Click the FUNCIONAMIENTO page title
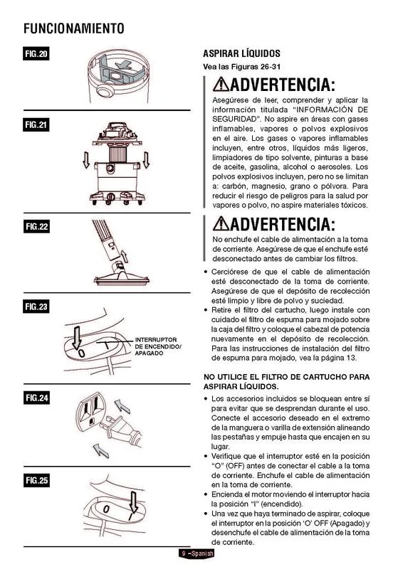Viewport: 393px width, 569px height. [74, 28]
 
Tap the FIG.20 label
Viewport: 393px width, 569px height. [36, 54]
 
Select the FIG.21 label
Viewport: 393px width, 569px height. [36, 125]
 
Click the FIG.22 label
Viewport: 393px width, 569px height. [36, 227]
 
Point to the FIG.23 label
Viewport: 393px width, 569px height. [36, 307]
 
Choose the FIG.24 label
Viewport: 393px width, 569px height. [36, 398]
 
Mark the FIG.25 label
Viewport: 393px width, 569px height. [36, 481]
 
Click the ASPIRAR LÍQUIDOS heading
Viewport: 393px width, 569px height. [241, 54]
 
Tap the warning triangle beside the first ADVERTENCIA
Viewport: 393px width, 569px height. [221, 84]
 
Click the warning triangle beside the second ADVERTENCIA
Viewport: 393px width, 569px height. [221, 223]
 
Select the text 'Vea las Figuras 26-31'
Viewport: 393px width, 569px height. [241, 67]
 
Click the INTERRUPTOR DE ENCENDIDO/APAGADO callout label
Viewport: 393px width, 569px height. [158, 346]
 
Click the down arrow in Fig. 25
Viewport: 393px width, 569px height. [134, 503]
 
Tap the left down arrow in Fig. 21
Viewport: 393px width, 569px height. [86, 159]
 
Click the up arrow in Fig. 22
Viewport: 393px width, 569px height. [125, 256]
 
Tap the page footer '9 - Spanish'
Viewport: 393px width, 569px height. [197, 553]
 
